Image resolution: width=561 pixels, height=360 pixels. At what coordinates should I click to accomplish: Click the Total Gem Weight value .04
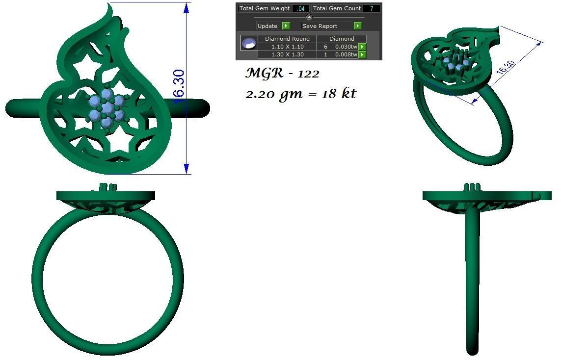coord(301,8)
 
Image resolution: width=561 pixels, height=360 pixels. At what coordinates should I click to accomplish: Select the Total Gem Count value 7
coord(371,8)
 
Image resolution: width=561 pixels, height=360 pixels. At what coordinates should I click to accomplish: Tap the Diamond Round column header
coord(287,39)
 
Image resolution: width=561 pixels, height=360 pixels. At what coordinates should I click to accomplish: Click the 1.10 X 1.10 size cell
coord(287,47)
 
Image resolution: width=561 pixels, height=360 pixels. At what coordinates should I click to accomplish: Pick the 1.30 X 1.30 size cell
coord(287,54)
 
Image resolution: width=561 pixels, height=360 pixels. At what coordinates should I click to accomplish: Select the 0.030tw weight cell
coord(346,47)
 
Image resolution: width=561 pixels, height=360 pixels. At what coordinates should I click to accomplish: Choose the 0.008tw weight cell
coord(346,54)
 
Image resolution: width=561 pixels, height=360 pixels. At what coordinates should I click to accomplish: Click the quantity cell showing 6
coord(325,47)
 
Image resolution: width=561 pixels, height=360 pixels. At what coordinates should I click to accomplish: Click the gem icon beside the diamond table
coord(249,43)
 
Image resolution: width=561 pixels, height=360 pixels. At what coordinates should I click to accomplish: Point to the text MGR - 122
coord(282,74)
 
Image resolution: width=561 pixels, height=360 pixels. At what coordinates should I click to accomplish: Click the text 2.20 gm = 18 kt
coord(300,94)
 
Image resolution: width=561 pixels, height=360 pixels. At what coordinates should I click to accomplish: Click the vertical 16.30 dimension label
coord(179,86)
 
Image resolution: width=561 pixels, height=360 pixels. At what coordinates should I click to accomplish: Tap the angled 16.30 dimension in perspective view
coord(505,67)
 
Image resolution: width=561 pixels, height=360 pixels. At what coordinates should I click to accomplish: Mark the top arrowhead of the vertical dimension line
coord(187,8)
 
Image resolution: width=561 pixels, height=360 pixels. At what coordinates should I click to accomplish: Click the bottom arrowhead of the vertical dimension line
coord(187,168)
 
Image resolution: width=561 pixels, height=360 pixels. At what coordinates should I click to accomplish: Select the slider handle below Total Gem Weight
coord(309,17)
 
